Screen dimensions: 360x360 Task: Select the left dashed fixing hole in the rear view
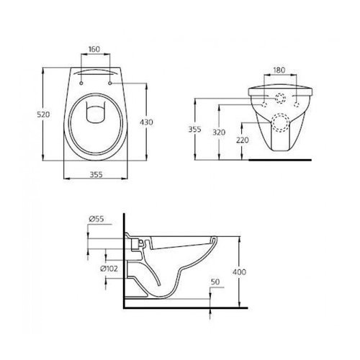pos(269,104)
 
